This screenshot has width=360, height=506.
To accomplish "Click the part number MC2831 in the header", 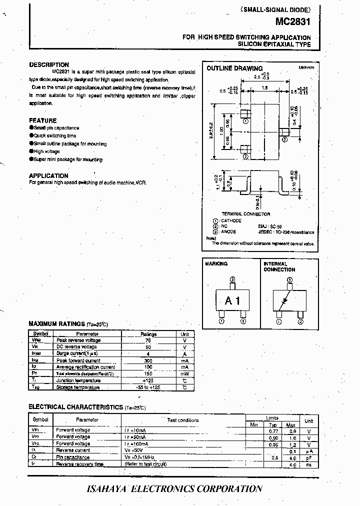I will coord(293,22).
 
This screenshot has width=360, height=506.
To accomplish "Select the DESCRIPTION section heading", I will coord(49,64).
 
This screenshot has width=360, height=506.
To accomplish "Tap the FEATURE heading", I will coord(43,120).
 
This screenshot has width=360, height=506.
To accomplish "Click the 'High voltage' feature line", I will coord(46,151).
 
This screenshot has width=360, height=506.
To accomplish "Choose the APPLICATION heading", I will coord(48,175).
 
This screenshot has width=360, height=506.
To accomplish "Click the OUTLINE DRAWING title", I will coord(234,68).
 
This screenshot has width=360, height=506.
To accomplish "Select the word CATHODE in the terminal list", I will coord(231,220).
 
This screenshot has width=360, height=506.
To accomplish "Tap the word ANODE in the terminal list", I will coord(228,231).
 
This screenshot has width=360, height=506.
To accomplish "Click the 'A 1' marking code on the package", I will coord(232,301).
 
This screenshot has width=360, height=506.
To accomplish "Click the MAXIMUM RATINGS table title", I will coord(57,324).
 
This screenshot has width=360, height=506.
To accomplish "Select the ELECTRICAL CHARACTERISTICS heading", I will coord(75,407).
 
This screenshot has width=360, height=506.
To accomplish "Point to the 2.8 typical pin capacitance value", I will coord(274,457).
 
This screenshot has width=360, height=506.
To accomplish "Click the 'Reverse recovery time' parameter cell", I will coord(80,464).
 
